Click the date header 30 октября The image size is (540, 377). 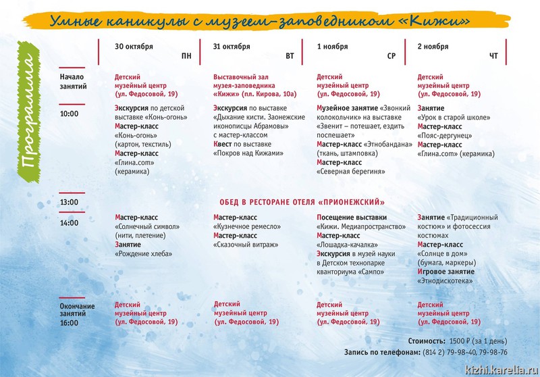point(134,47)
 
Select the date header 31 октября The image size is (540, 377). point(232,47)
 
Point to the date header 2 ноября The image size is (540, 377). point(433,47)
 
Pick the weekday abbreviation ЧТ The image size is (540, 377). point(493,56)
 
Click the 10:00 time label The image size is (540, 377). point(69,114)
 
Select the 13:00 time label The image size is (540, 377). point(69,202)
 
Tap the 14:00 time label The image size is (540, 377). point(69,222)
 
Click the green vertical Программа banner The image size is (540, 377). point(28,116)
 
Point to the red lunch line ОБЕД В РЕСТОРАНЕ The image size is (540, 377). point(302,202)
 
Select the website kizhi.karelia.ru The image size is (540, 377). point(501,369)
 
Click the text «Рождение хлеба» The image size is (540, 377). point(143,254)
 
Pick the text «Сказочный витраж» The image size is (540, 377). point(245,245)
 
